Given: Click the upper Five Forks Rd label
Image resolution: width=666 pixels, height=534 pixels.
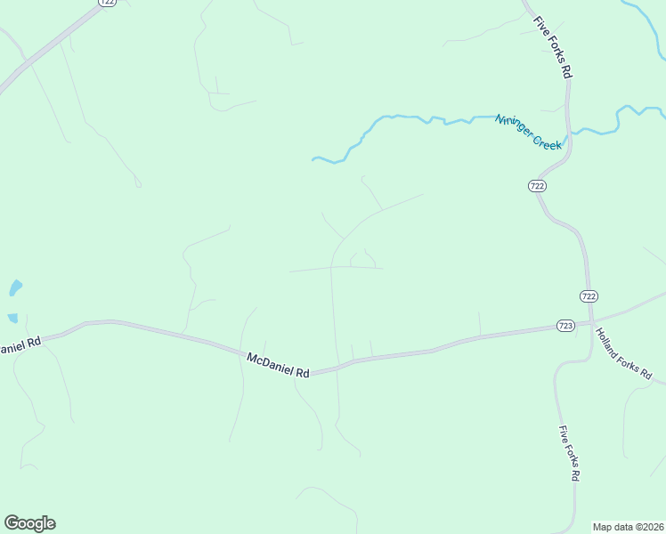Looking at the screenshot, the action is click(x=552, y=48).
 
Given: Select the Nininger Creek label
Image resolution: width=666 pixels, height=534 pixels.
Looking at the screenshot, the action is click(x=529, y=132).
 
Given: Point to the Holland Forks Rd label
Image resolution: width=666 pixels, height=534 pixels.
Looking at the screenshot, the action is click(x=623, y=355).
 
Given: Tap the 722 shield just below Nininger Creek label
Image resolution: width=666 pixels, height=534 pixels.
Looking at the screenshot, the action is click(x=536, y=185).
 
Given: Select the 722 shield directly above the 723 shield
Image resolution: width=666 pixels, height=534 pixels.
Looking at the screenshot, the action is click(x=589, y=295).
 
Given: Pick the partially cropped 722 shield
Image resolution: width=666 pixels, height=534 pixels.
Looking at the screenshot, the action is click(x=108, y=3).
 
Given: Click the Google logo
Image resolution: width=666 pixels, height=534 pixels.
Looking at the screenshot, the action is click(x=29, y=523).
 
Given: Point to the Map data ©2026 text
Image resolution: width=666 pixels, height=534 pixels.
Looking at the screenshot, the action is click(x=629, y=527).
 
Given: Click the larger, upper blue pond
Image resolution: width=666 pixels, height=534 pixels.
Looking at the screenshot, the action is click(x=15, y=287).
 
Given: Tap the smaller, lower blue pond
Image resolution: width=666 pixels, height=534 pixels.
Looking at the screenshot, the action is click(x=12, y=318).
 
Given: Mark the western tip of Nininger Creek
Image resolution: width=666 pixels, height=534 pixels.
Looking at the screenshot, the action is click(x=313, y=159).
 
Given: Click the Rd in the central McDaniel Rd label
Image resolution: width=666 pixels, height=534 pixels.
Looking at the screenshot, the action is click(x=302, y=373).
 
